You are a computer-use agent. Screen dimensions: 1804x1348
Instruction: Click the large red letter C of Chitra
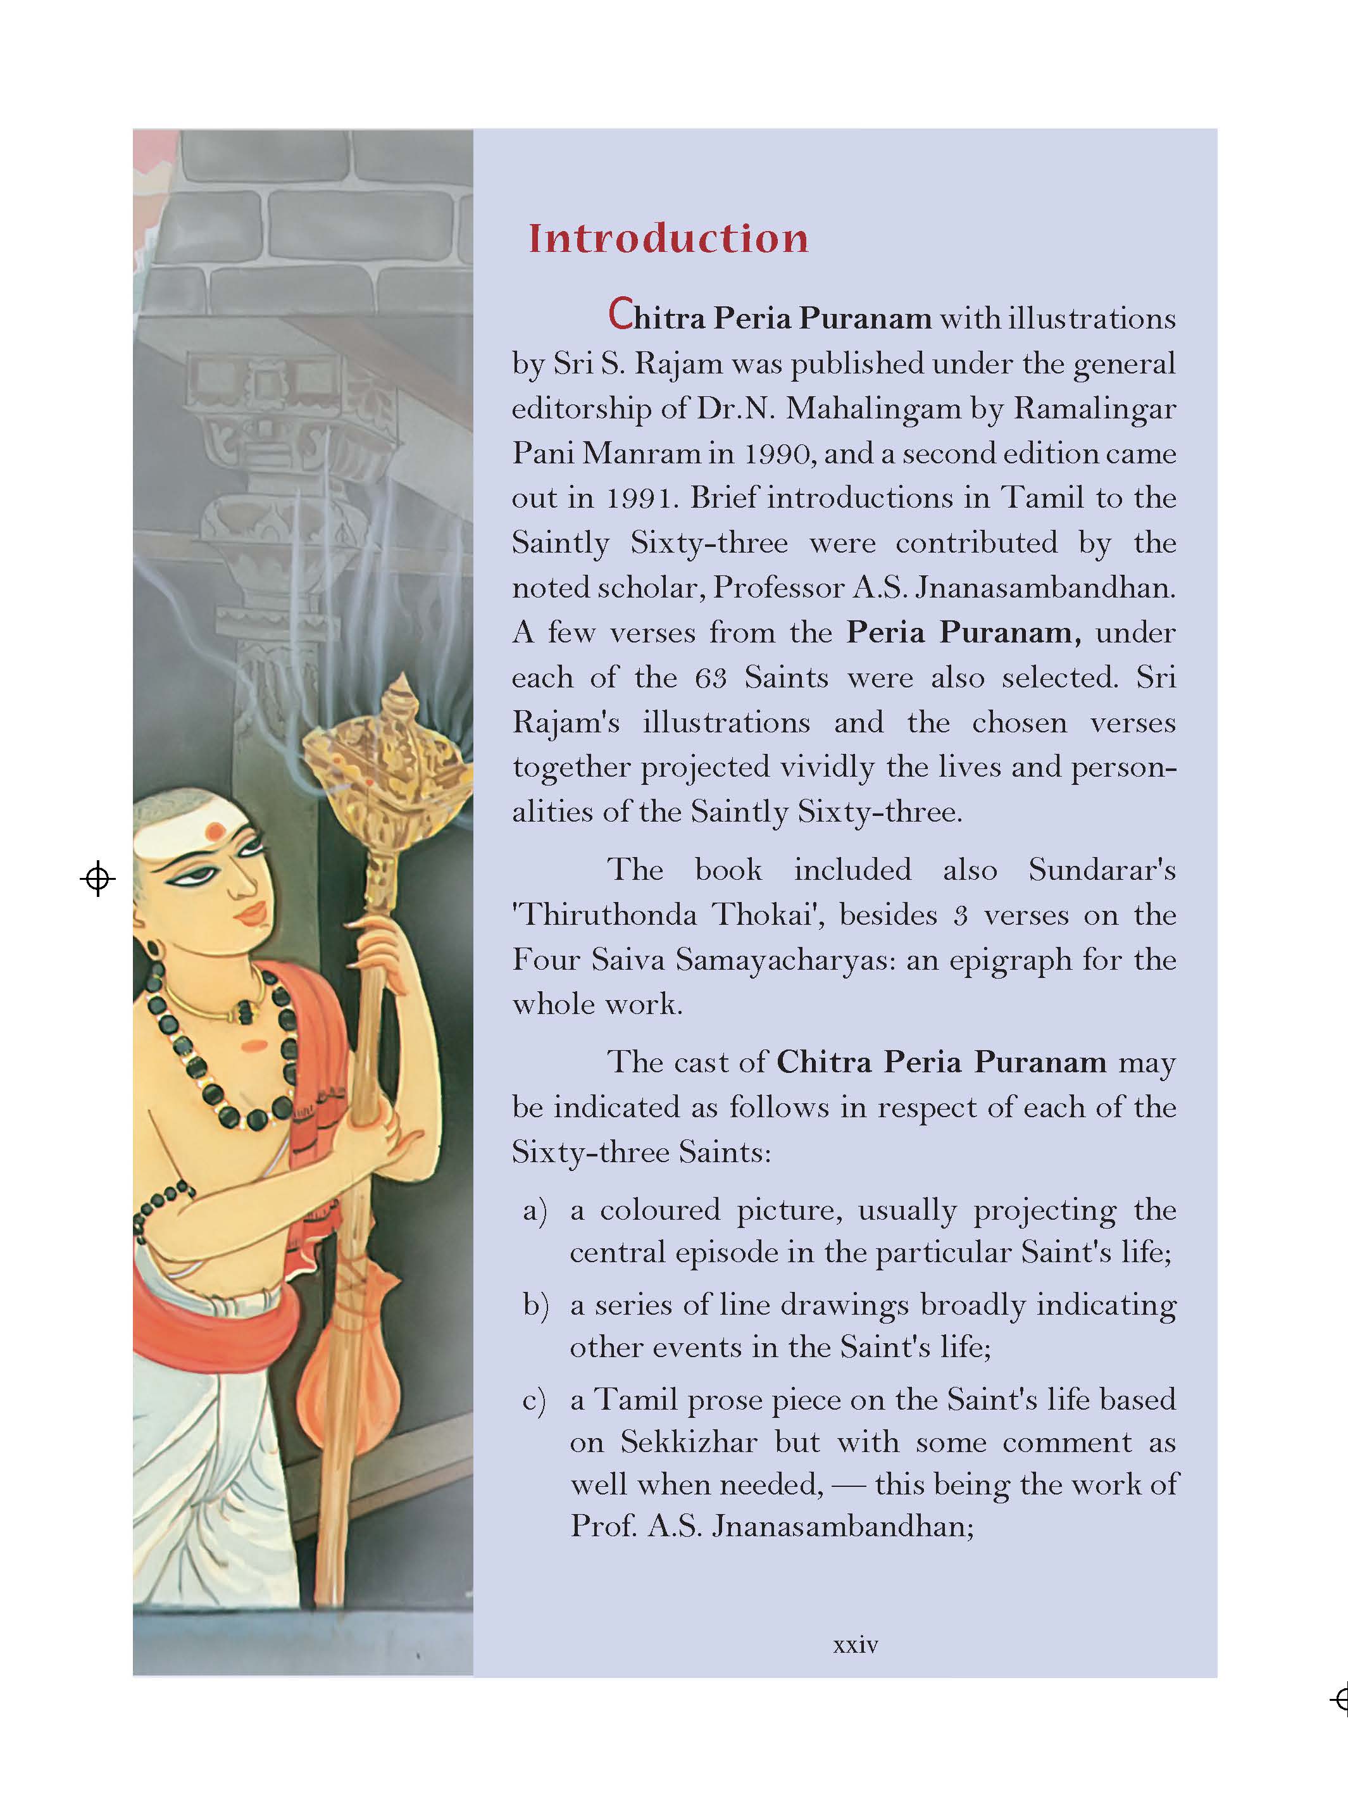click(x=621, y=315)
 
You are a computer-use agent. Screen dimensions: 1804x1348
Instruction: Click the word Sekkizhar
click(x=689, y=1442)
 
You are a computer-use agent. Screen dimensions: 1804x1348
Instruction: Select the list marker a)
click(x=535, y=1210)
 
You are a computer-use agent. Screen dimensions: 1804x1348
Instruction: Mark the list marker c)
click(x=534, y=1400)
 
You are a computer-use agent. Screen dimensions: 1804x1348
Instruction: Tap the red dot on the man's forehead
click(x=215, y=831)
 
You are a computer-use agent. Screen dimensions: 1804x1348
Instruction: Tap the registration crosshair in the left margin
click(x=98, y=879)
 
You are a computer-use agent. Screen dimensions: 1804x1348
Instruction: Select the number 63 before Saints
click(x=710, y=679)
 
